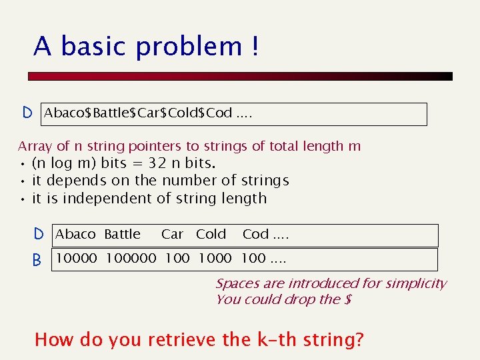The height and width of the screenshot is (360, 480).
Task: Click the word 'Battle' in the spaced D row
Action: tap(123, 234)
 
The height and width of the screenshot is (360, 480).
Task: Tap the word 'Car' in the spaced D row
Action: tap(172, 234)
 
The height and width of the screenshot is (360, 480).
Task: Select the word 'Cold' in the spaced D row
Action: tap(211, 234)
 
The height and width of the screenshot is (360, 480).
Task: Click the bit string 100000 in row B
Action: tap(131, 258)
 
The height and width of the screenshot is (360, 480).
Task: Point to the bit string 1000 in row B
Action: tap(215, 258)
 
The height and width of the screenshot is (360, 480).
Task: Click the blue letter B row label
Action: tap(37, 259)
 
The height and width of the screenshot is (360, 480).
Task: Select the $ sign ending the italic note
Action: tap(347, 299)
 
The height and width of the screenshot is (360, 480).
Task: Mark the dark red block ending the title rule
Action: tap(439, 77)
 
